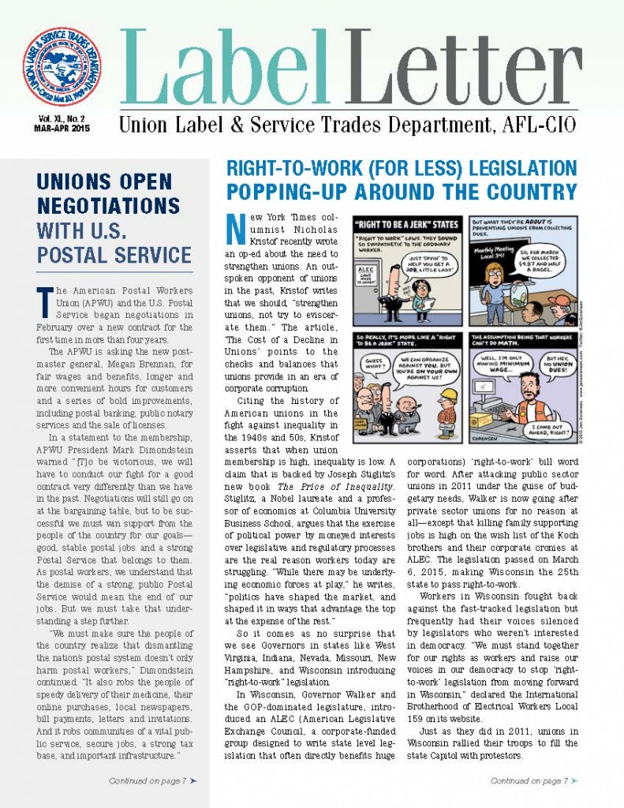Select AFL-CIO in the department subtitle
pyautogui.click(x=539, y=125)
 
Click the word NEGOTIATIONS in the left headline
pyautogui.click(x=108, y=206)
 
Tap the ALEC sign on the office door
pyautogui.click(x=368, y=275)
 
